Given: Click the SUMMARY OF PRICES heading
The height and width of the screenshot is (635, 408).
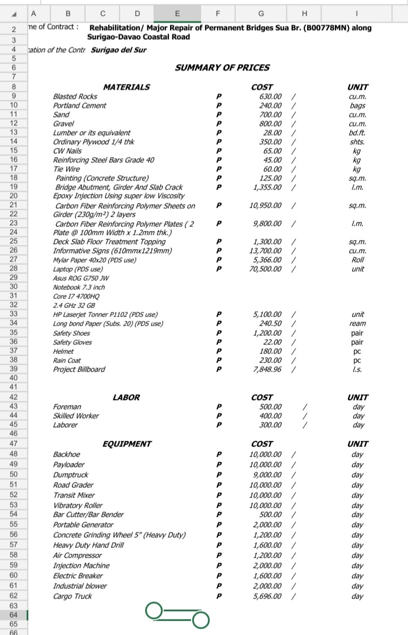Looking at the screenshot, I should point(222,68).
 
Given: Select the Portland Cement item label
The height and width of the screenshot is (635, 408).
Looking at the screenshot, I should point(79,106).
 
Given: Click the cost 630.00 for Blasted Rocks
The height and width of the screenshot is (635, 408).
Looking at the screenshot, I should point(270,96).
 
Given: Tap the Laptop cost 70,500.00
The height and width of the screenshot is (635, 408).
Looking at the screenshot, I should point(265,268).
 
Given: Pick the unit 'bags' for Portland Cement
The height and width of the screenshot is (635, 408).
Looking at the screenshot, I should point(358,106).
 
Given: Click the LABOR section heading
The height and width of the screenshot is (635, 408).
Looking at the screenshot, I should point(126,398).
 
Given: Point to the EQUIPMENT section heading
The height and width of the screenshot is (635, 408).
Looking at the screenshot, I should point(126,444).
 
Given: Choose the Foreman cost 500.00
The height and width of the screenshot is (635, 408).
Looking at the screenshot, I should point(270,407).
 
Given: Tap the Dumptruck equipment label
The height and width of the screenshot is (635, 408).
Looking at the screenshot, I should point(70,474).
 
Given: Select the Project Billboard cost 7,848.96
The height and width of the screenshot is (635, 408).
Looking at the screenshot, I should point(267,369).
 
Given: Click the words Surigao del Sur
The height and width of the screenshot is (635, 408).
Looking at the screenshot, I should point(119,50).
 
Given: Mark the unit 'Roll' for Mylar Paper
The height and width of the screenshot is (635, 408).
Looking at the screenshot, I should point(358,260).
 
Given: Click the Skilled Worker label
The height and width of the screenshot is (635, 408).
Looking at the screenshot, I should point(76,416).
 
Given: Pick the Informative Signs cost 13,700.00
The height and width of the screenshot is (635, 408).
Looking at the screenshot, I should point(265,251).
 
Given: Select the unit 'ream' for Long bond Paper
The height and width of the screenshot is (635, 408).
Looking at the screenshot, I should point(358,323).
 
